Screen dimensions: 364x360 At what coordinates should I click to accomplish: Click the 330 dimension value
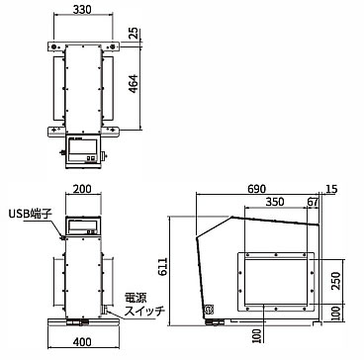[82, 10]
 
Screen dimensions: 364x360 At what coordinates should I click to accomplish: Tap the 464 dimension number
[134, 84]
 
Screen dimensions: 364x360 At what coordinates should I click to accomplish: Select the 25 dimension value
[134, 35]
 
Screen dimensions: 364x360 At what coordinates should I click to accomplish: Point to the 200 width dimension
[82, 189]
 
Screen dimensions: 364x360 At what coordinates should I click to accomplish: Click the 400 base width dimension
[82, 342]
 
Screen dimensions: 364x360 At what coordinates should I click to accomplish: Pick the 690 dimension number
[256, 189]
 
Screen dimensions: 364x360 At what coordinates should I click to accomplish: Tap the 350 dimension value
[274, 202]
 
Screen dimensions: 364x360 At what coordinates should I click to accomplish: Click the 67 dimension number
[313, 202]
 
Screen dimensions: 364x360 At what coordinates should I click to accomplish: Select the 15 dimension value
[331, 189]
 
